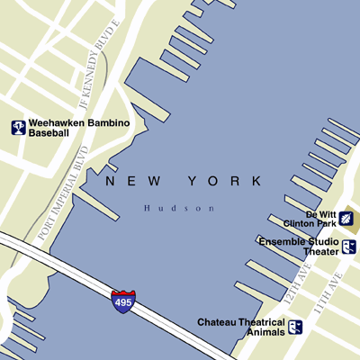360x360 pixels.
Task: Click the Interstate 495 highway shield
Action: tap(122, 301)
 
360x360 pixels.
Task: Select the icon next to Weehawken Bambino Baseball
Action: tap(18, 128)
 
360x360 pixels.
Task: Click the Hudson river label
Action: tap(180, 209)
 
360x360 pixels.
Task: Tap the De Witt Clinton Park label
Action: tap(320, 219)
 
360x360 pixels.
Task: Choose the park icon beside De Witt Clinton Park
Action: tap(347, 219)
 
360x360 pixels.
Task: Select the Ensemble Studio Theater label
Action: tap(298, 247)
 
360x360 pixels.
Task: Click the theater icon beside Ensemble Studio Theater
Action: tap(348, 247)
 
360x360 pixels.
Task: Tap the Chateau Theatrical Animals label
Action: tap(241, 327)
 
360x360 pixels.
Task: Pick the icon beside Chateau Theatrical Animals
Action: tap(295, 327)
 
